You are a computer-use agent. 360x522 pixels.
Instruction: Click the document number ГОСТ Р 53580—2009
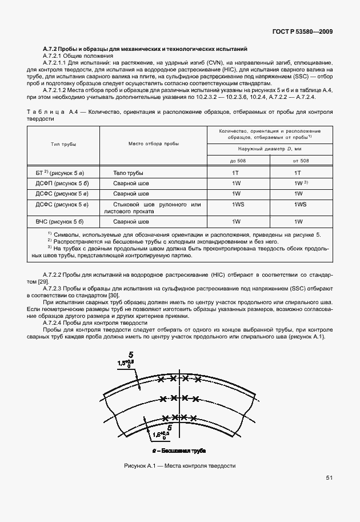[304, 32]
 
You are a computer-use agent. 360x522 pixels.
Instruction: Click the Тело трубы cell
[128, 172]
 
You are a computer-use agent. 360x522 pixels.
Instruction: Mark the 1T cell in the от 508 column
[297, 172]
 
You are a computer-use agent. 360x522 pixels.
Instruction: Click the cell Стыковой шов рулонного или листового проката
[152, 208]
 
